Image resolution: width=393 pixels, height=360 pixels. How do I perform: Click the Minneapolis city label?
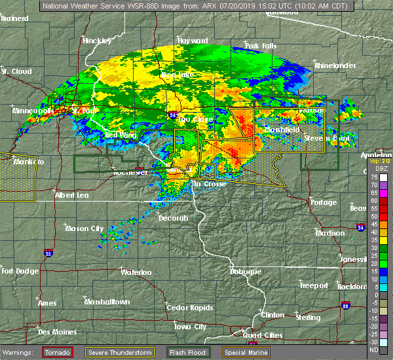33,111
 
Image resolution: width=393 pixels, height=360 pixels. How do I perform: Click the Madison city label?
329,233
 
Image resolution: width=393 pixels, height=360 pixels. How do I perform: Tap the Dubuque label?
246,272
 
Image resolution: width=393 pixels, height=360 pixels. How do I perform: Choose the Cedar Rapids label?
186,308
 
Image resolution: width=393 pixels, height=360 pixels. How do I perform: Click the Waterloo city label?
136,272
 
